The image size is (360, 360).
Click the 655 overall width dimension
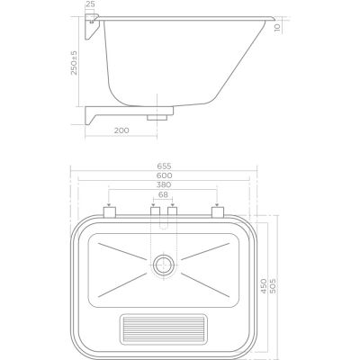[162, 168]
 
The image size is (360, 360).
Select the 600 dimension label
[162, 179]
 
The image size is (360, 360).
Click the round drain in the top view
[163, 264]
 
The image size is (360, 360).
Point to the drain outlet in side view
[159, 116]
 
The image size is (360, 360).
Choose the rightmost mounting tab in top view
[216, 213]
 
